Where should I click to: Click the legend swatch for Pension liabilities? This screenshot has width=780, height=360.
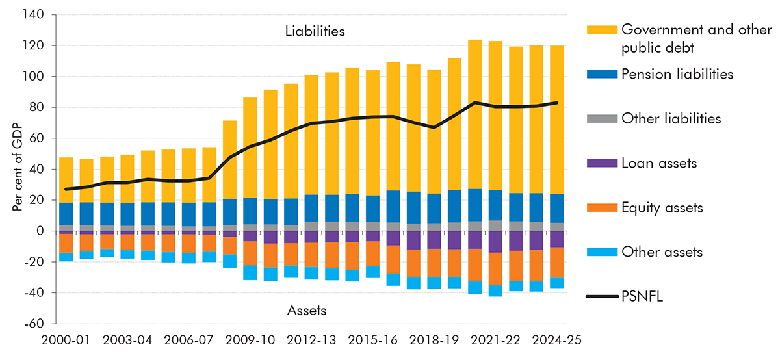(601, 74)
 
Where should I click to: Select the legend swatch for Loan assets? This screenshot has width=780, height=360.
(601, 163)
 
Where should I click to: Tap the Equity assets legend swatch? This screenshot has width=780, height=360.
(601, 207)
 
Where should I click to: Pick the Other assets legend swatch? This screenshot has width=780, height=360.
(601, 251)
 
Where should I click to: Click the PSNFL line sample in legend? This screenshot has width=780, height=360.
(601, 296)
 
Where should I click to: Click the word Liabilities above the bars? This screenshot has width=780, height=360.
(315, 31)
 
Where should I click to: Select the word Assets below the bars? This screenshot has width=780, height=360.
(307, 311)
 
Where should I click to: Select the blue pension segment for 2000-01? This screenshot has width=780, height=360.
(66, 214)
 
